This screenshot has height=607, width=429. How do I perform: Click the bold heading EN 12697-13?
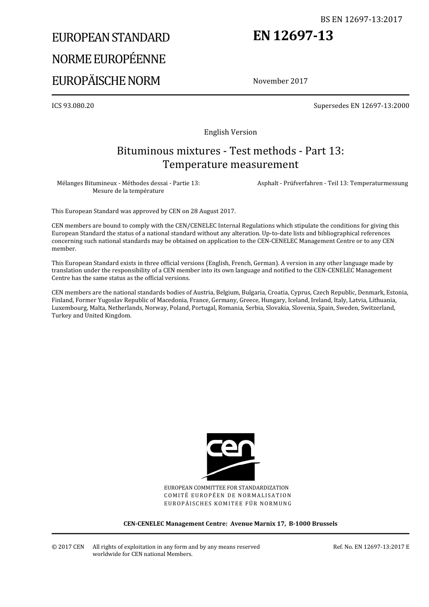coord(293,36)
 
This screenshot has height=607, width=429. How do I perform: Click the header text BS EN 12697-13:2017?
coord(361,19)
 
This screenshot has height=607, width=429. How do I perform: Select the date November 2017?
coord(280,81)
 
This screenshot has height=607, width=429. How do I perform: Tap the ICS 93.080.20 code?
coord(73,106)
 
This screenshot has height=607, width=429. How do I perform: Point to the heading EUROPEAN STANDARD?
coord(111,37)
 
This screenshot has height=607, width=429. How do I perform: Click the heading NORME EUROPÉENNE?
coord(108,59)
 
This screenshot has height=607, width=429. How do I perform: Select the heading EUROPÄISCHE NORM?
coord(106,81)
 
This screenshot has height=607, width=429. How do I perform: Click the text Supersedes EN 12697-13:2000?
coord(361,106)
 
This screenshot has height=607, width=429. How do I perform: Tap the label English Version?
coord(230,132)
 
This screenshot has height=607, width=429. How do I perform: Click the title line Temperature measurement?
coord(230,164)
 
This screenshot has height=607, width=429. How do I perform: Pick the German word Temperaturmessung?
coord(379,183)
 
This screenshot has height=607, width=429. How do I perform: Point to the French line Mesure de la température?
coord(128,191)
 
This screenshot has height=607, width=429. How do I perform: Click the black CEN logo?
coord(230,456)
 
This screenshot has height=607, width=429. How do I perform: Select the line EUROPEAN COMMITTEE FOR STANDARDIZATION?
coord(226,488)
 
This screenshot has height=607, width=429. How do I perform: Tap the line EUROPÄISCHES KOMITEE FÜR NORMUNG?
coord(228,503)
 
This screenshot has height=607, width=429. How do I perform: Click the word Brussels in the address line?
coord(323,524)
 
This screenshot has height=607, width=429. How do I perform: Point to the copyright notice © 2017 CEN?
coord(68,547)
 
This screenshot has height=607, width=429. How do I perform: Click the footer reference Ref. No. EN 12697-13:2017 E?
coord(371,547)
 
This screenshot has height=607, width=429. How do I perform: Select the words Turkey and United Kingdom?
coord(91,315)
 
